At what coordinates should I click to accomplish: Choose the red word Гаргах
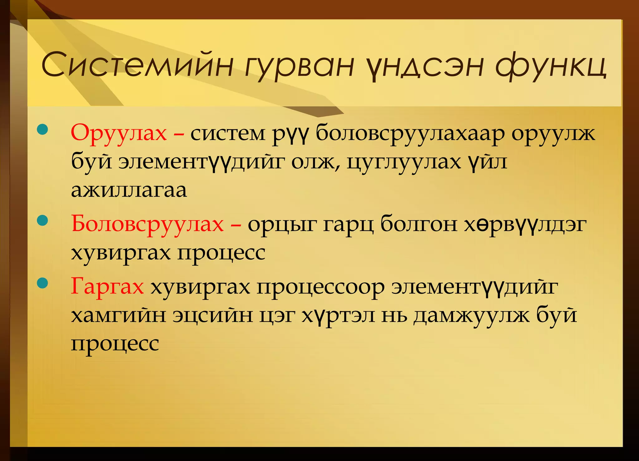tap(107, 286)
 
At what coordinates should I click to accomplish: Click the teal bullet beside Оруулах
tap(42, 130)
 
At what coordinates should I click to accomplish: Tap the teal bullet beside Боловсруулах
tap(42, 221)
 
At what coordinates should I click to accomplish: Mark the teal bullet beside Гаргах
tap(42, 283)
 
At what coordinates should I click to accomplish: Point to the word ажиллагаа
tap(129, 190)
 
